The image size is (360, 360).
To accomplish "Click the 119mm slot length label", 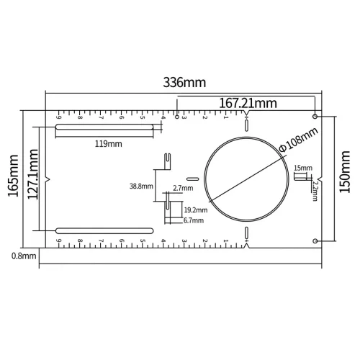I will click(109, 143).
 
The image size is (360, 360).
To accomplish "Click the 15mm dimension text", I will click(303, 168).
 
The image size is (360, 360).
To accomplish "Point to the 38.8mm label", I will click(141, 186).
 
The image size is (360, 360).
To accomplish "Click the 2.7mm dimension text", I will click(183, 189).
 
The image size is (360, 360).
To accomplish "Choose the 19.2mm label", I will click(195, 210).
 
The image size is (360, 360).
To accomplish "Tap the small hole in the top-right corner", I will click(316, 116).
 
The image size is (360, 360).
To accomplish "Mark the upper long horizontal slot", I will click(104, 129).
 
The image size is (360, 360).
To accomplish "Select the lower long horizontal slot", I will click(104, 230).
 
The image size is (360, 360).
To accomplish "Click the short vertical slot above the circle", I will click(246, 125).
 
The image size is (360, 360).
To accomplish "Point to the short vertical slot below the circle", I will click(246, 231).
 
